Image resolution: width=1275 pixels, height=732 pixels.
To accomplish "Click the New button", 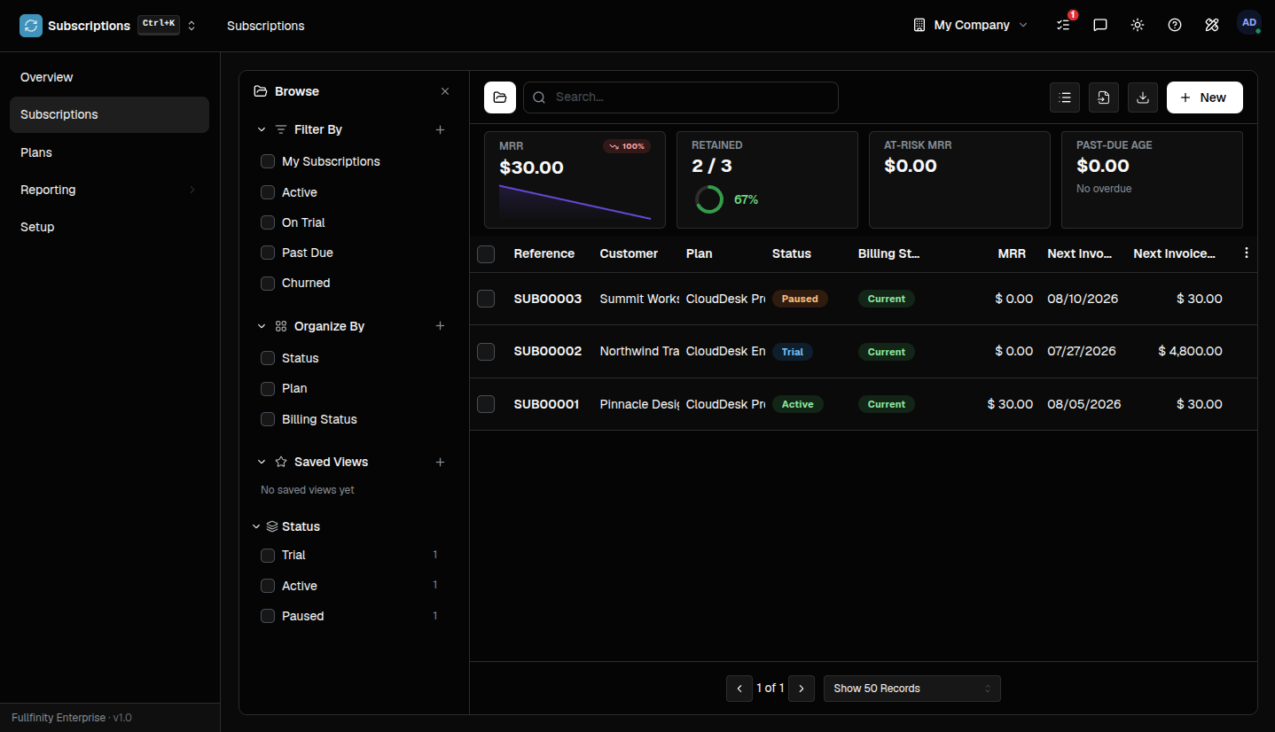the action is [x=1204, y=97].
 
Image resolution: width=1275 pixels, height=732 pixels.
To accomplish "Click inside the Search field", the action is [x=681, y=97].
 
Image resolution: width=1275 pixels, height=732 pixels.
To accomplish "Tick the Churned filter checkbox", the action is [x=268, y=284].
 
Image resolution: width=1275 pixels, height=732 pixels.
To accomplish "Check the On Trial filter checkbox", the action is [x=268, y=222].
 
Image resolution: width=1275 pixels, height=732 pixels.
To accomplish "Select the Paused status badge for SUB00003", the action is [x=800, y=299].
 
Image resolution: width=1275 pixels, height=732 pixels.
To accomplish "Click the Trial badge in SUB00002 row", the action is [x=793, y=352].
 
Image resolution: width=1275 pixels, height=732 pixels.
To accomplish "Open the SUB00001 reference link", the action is [x=546, y=404].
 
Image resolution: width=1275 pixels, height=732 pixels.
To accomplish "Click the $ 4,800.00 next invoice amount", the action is [x=1190, y=351].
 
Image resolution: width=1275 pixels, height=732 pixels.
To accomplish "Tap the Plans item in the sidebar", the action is [x=35, y=152].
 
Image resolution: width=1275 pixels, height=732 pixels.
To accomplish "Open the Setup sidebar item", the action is [x=37, y=227].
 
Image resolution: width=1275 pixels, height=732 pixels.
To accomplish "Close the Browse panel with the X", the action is [x=445, y=91].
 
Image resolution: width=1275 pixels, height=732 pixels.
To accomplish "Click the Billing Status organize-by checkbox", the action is [x=268, y=419].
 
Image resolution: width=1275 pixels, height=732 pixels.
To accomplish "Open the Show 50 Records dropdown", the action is [x=911, y=689].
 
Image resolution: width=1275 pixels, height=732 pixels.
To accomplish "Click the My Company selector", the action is [x=971, y=25].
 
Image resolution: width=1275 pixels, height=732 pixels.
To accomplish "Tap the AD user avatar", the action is [x=1248, y=23].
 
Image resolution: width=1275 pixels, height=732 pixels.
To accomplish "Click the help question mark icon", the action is [x=1174, y=25].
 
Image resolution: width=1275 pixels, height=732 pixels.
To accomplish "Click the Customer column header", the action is [x=629, y=253].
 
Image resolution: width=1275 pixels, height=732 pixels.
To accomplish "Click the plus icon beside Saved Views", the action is [x=440, y=463].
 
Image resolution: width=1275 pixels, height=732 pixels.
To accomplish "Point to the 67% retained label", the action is [x=746, y=199].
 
